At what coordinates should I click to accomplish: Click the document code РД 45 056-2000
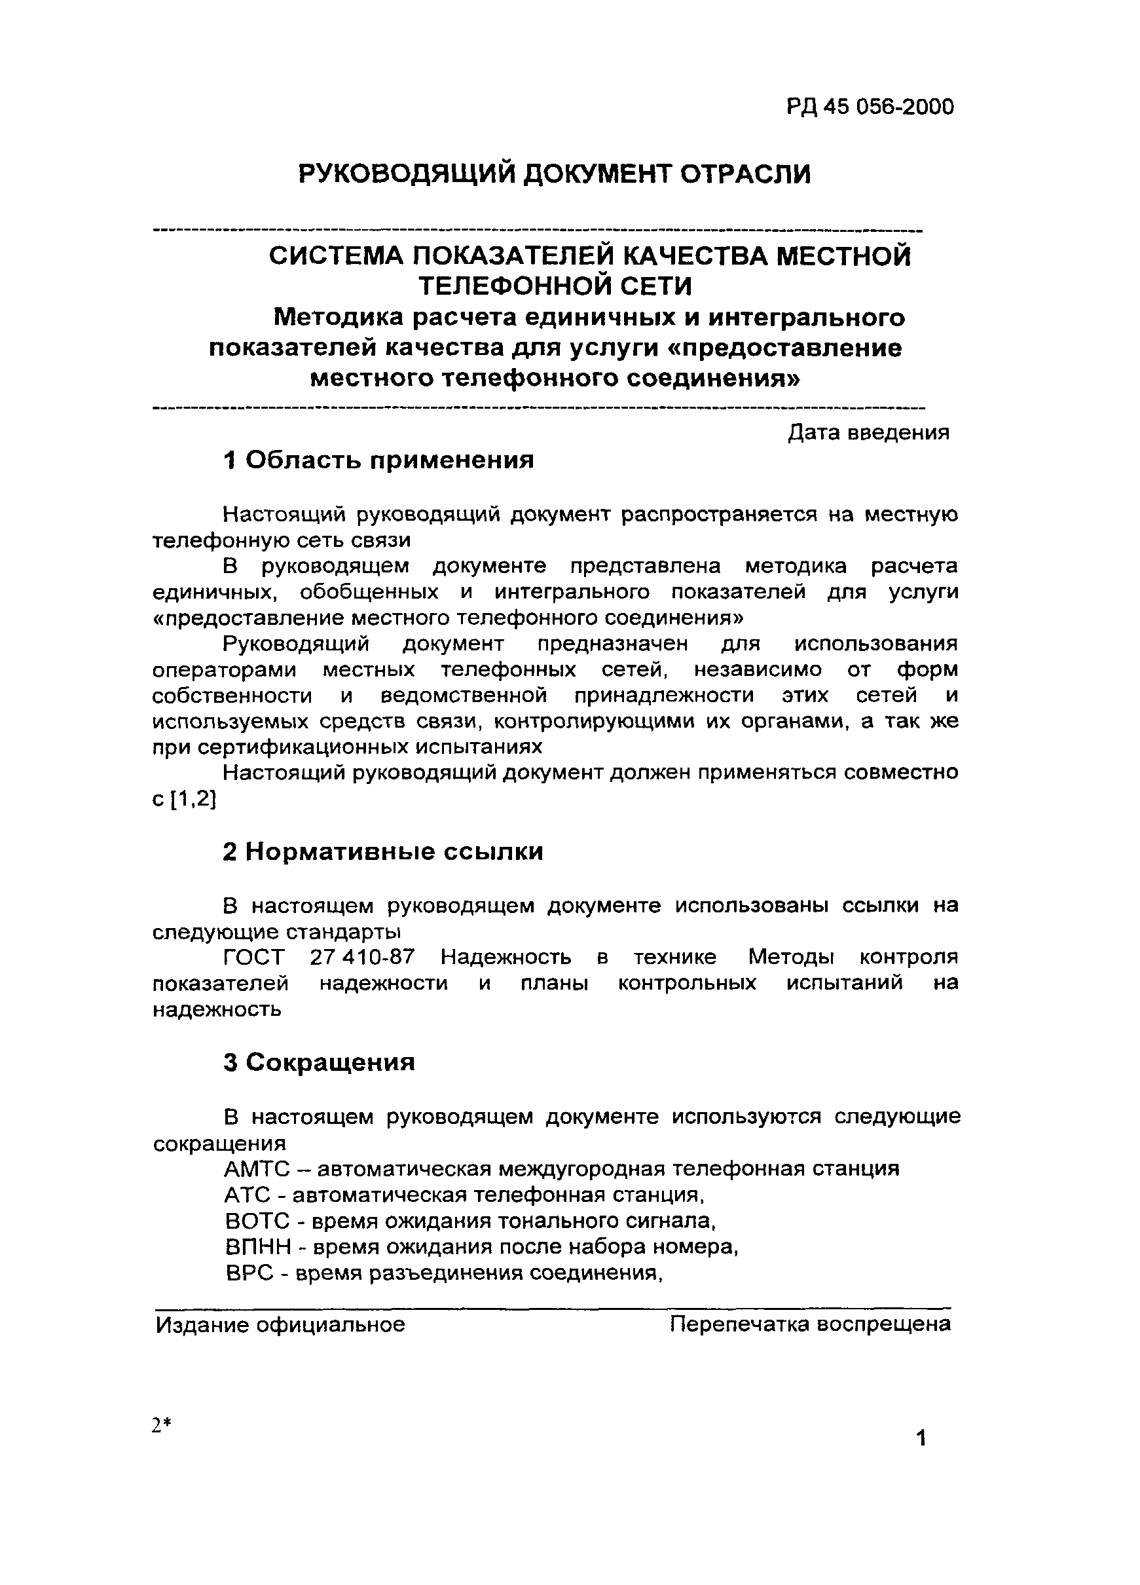pos(870,107)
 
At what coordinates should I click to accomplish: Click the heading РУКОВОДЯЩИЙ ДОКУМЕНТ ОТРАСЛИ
pos(555,174)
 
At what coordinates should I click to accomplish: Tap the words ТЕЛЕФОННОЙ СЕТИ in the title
pos(555,286)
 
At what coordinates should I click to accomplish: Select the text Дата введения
pos(868,432)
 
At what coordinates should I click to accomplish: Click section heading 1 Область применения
pos(378,460)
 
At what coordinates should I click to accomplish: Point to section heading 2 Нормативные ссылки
pos(383,851)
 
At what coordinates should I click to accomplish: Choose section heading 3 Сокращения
pos(320,1062)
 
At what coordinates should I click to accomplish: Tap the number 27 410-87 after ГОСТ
pos(362,957)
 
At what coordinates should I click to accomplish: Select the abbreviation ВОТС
pos(257,1221)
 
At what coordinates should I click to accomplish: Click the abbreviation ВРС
pos(249,1273)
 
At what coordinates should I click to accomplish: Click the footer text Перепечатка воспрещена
pos(810,1324)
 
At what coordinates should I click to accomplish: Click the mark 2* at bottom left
pos(161,1425)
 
